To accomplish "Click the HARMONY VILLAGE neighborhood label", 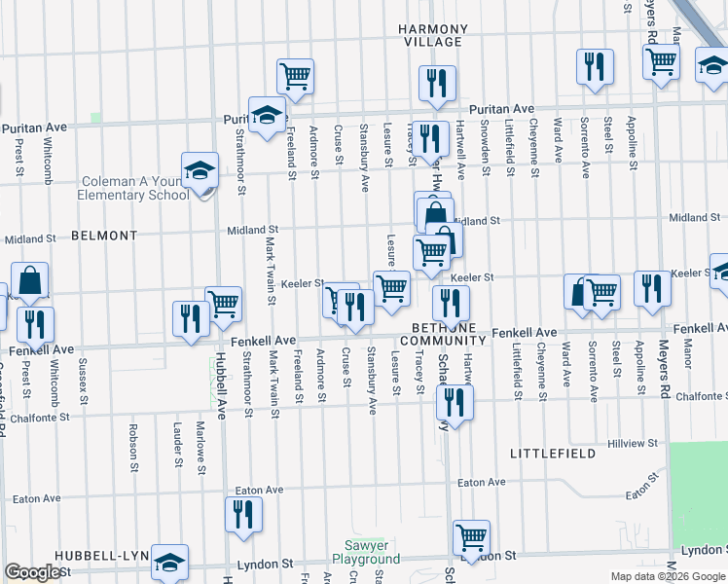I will tap(433, 36).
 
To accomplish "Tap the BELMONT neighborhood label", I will tap(104, 236).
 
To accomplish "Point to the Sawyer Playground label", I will tap(366, 552).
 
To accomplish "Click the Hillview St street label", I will tap(633, 443).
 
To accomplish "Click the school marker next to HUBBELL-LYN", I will tap(169, 562).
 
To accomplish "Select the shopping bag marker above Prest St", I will tap(30, 281).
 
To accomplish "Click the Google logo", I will tap(32, 573).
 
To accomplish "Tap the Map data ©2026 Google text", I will tap(668, 576).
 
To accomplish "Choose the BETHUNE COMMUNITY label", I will tap(448, 334).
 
